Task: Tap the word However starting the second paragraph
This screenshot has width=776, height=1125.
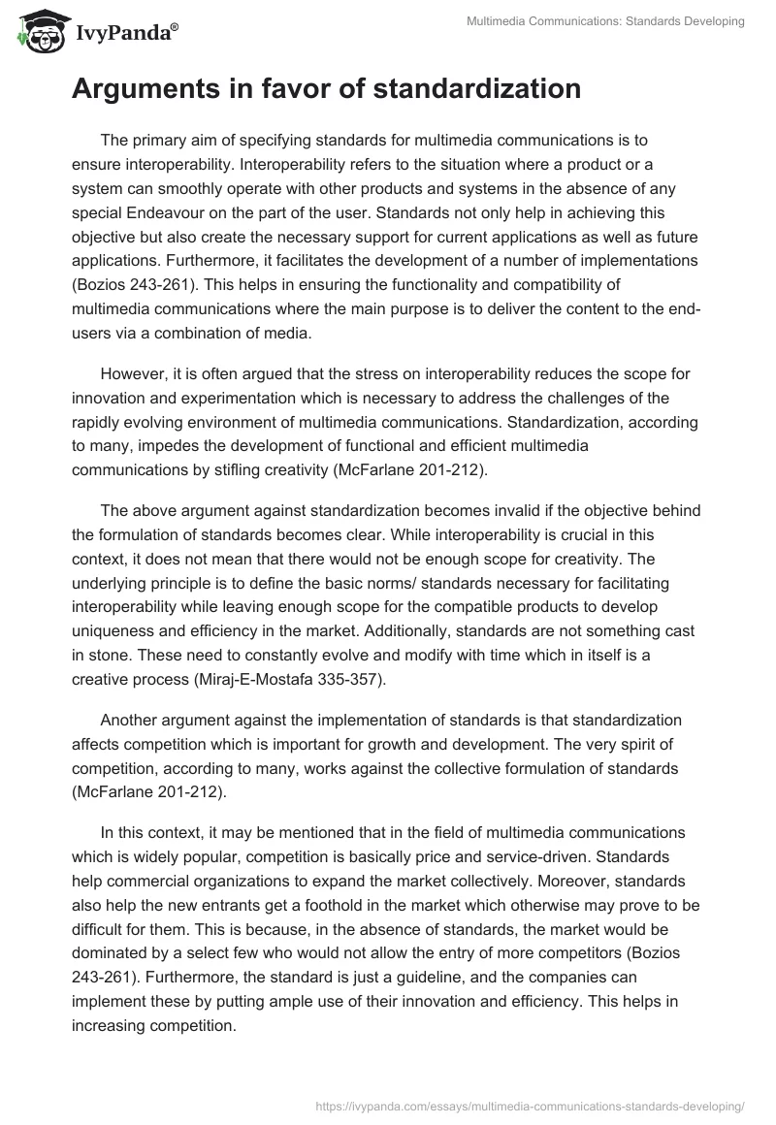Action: pyautogui.click(x=133, y=373)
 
